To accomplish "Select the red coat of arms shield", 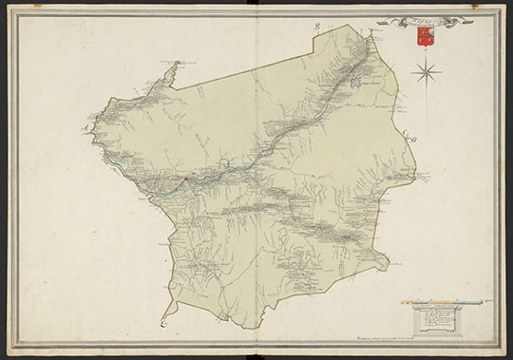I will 424,38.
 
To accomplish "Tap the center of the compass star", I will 427,69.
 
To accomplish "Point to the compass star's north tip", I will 427,56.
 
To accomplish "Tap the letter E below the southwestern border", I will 162,323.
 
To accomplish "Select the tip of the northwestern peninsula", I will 177,65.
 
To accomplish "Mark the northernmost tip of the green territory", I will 368,29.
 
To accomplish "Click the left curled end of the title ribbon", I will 381,21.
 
